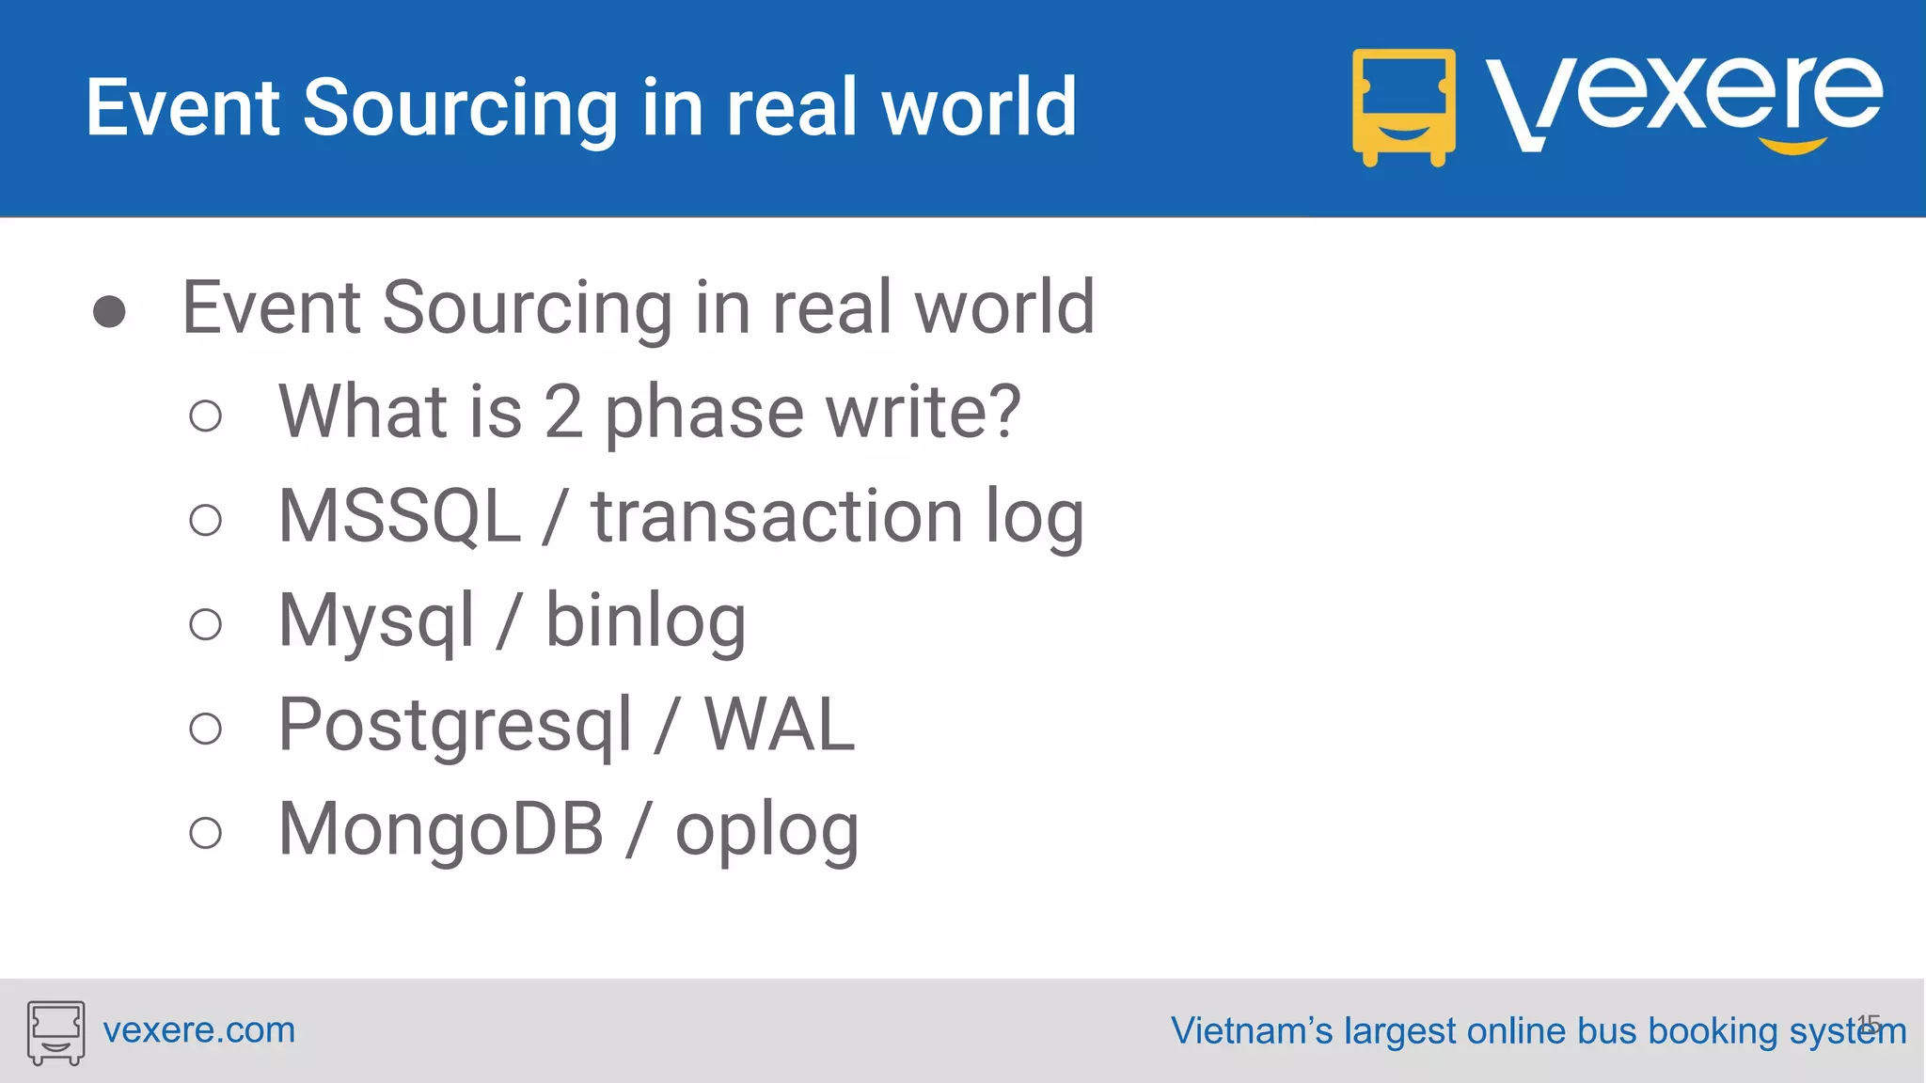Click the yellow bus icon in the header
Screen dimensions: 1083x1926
[x=1403, y=107]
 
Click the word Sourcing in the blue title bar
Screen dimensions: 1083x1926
[x=460, y=109]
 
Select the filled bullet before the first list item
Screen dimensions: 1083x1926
[x=109, y=311]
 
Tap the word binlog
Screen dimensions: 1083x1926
[x=646, y=622]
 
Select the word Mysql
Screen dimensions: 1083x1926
[x=376, y=622]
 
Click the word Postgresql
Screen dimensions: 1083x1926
[x=455, y=726]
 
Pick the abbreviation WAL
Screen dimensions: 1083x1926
[x=780, y=726]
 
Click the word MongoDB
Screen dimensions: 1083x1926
[x=441, y=829]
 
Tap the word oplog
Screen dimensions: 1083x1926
[x=766, y=831]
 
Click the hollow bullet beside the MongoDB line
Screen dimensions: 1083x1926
[x=205, y=832]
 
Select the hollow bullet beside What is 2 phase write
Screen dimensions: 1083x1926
[x=205, y=416]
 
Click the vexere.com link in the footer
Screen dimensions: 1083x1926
[x=198, y=1030]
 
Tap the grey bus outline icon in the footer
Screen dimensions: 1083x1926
[x=55, y=1032]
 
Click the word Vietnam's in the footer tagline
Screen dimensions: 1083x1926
[x=1251, y=1030]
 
